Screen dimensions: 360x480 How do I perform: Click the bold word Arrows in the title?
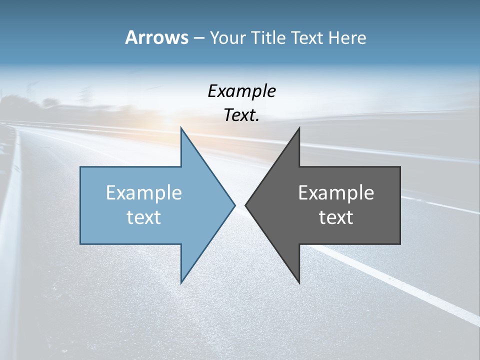156,37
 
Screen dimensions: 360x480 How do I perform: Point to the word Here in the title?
347,38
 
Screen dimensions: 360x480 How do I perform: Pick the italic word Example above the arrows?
241,91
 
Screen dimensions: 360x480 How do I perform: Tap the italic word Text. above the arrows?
241,115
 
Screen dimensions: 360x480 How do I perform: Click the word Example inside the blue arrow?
144,192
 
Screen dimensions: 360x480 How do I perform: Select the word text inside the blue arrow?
144,217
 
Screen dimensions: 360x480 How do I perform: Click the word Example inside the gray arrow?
336,192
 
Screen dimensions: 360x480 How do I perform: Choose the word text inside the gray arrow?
336,217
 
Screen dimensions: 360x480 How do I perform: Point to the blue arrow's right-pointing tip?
234,205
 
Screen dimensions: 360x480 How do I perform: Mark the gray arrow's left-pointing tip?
246,205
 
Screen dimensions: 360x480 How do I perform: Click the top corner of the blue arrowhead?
181,128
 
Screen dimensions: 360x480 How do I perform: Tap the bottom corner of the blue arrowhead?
181,282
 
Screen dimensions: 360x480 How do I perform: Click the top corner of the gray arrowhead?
299,128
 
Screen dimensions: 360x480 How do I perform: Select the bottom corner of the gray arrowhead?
299,282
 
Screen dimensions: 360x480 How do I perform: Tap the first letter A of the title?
131,37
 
